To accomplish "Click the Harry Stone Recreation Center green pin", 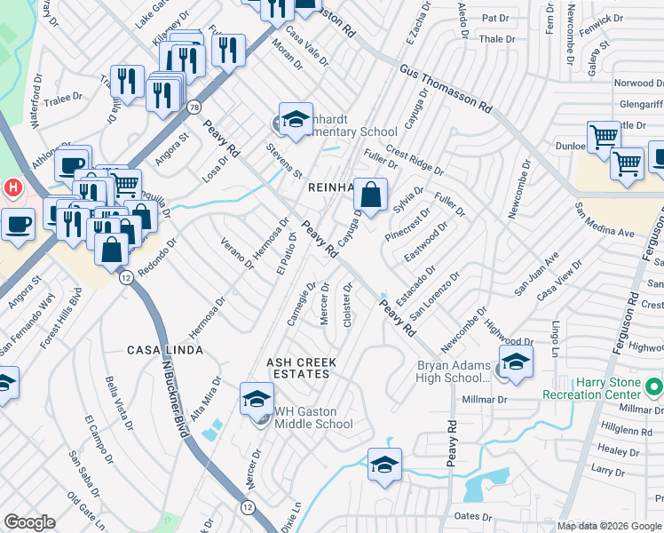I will (654, 386).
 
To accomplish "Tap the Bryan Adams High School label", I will (454, 372).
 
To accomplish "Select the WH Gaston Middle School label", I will (313, 417).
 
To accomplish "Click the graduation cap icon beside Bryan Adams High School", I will (516, 362).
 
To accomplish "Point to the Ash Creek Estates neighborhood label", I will (298, 368).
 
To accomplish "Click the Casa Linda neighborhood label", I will (165, 351).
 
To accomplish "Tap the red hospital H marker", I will (12, 187).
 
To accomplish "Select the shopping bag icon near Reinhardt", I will (373, 194).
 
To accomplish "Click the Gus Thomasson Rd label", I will (446, 89).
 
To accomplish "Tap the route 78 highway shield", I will (194, 107).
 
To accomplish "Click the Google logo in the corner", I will (29, 522).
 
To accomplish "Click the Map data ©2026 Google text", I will (609, 526).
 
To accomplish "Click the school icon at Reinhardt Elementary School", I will (296, 121).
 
